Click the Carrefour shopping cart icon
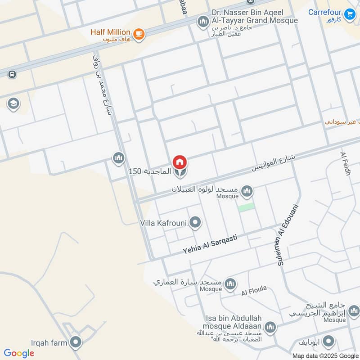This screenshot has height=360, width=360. coord(349,15)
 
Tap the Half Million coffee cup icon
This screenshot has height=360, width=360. coord(139,34)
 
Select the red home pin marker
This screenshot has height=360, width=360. coord(180,162)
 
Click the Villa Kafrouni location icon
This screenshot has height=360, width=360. coord(195,222)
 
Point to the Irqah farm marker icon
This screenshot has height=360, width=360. coord(76,343)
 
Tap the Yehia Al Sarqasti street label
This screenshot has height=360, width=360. coord(209,244)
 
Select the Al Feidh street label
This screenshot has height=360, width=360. coord(345,164)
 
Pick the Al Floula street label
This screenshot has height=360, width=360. coord(254,291)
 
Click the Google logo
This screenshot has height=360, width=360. coord(18,353)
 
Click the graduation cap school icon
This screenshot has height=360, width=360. coord(13,104)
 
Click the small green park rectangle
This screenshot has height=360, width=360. coord(246,207)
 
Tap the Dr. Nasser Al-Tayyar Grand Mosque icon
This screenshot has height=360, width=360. coord(203,21)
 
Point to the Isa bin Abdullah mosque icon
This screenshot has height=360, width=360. coord(270,327)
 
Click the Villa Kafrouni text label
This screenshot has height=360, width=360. coord(164,222)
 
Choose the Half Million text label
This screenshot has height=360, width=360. coord(110,32)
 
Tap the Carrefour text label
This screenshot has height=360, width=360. coord(325,12)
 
